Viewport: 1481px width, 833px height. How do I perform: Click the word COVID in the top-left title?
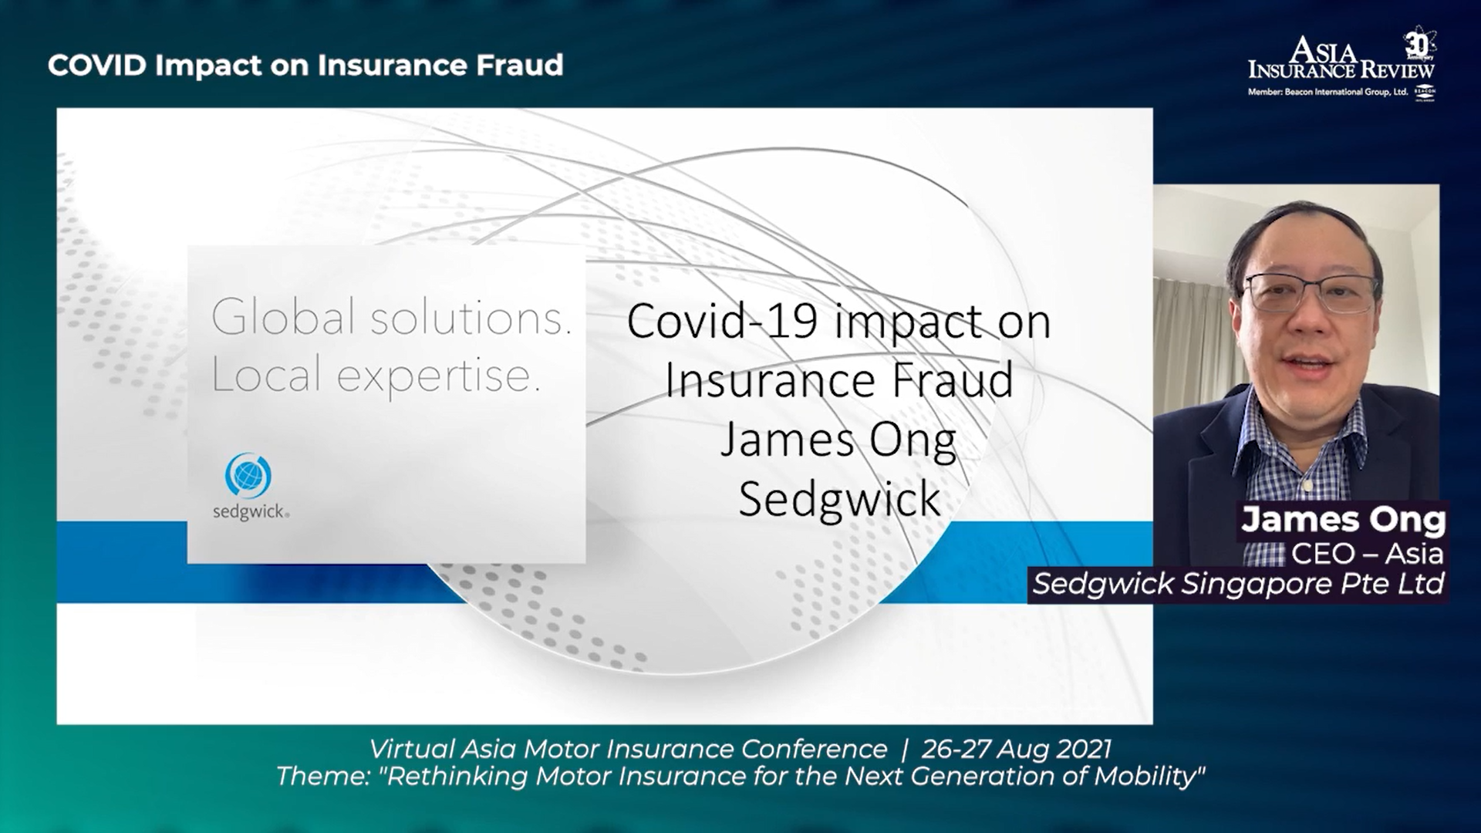click(97, 66)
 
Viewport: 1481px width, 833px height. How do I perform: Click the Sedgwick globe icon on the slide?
click(248, 474)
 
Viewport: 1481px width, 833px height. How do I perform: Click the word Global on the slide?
click(283, 317)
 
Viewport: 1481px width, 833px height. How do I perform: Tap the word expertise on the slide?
click(437, 377)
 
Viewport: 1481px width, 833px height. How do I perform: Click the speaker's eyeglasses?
click(1311, 292)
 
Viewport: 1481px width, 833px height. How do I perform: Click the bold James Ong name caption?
click(1343, 520)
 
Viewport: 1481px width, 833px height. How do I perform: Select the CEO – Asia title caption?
click(1367, 554)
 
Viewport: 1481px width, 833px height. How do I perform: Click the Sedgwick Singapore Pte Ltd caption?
click(1238, 584)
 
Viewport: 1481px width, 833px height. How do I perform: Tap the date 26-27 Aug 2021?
click(1017, 749)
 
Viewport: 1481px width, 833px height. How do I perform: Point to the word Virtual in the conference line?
click(411, 749)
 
